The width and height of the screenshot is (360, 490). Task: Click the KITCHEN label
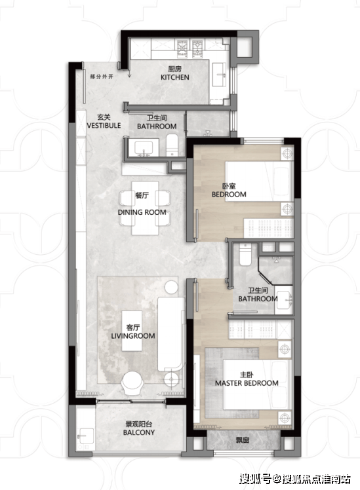(175, 77)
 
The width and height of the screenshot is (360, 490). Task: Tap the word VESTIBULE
(104, 126)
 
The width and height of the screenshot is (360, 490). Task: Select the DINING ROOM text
(142, 212)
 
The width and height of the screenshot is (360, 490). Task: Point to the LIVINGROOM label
(133, 336)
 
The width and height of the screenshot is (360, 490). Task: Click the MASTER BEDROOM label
(247, 383)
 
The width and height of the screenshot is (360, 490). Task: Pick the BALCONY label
(139, 432)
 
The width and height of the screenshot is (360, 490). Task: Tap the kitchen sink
(219, 75)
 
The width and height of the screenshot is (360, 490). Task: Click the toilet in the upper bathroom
(172, 145)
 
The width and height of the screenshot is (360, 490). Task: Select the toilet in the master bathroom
(245, 255)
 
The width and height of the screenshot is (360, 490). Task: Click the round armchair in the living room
(132, 383)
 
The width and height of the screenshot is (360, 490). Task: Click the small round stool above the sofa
(171, 287)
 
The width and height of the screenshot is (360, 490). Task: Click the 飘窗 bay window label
(243, 440)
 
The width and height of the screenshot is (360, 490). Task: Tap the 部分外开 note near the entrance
(102, 77)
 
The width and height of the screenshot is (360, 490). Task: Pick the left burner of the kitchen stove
(182, 48)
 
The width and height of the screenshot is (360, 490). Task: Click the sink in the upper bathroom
(144, 147)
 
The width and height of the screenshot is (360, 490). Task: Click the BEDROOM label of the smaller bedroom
(229, 195)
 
